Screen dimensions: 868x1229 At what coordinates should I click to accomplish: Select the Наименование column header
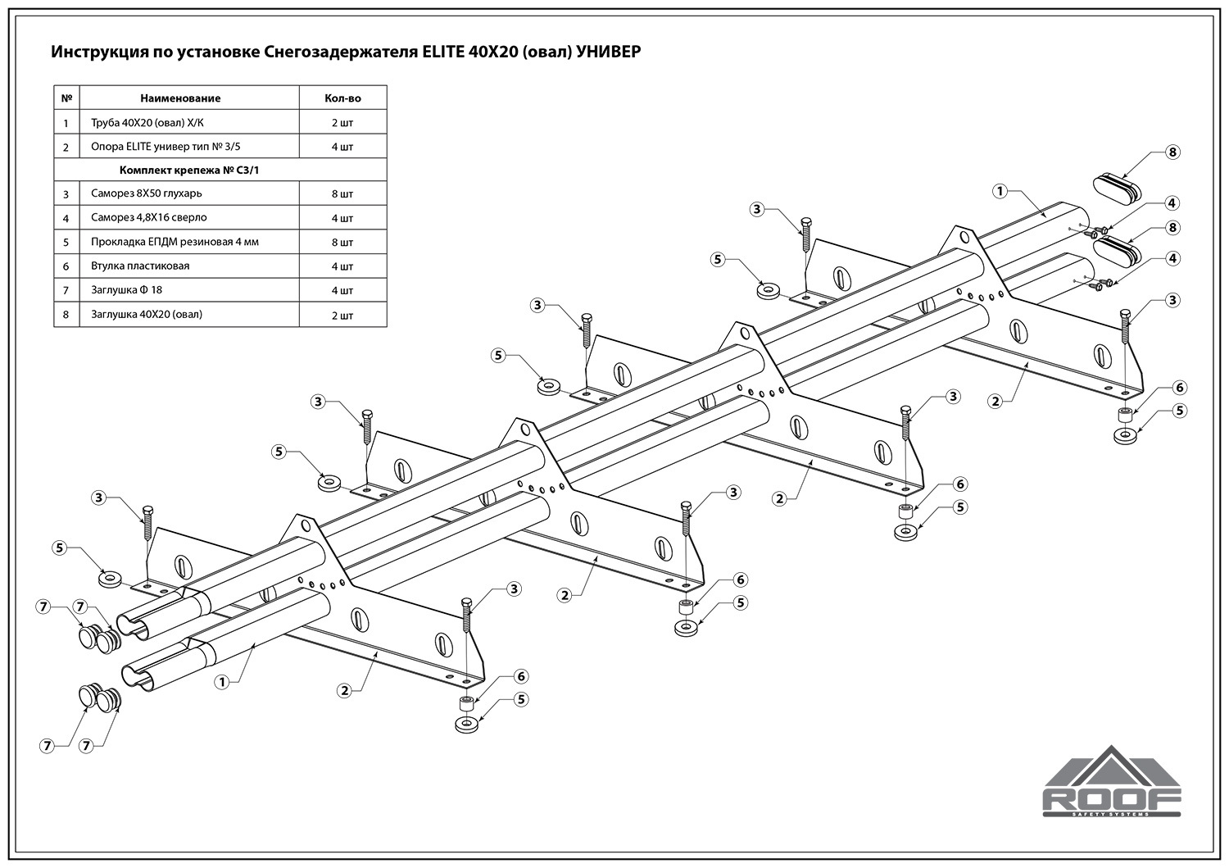pos(180,98)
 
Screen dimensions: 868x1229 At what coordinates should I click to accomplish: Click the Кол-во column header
pos(342,98)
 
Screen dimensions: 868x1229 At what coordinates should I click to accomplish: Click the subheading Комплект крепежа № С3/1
pos(194,170)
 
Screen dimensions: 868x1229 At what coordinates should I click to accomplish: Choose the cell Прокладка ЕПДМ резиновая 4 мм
pos(175,242)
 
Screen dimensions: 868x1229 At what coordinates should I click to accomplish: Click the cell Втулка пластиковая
pos(140,266)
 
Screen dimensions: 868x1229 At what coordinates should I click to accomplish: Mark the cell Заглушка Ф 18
pos(127,290)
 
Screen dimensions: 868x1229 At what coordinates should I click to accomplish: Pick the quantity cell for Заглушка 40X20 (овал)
pos(342,315)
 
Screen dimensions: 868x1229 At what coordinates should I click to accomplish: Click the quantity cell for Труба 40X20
pos(342,123)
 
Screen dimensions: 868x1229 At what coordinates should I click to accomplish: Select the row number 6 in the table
pos(66,266)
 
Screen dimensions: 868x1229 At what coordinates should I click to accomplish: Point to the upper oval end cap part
pos(1116,185)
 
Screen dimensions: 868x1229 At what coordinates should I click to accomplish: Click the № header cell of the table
pos(66,98)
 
